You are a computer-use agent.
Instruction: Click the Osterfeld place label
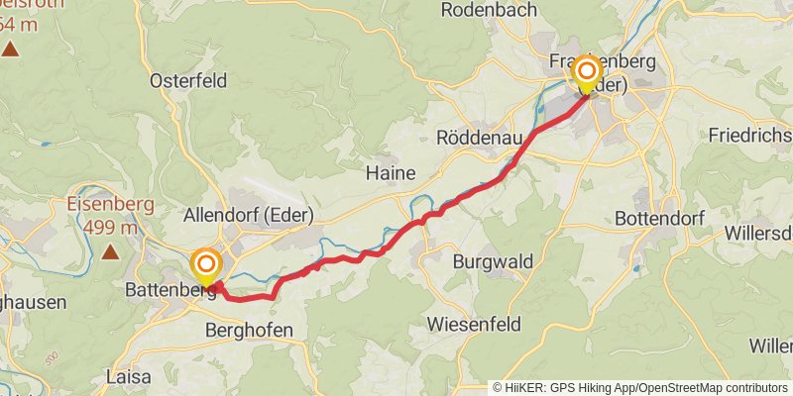(x=188, y=81)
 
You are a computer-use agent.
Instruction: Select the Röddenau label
(x=479, y=138)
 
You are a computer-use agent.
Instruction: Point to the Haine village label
(x=391, y=173)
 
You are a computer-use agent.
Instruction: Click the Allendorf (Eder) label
(x=248, y=215)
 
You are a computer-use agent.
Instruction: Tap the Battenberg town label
(x=170, y=291)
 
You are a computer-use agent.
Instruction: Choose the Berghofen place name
(x=248, y=331)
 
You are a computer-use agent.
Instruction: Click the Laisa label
(x=128, y=376)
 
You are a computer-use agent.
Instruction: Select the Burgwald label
(x=493, y=262)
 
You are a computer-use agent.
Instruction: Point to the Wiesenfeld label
(x=472, y=324)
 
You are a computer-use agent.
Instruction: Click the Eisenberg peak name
(x=109, y=206)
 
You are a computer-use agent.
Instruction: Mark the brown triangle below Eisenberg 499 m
(x=110, y=252)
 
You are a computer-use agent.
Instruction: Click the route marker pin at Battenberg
(x=206, y=265)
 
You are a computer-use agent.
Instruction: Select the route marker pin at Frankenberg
(x=586, y=72)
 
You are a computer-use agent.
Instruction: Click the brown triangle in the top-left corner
(x=10, y=47)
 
